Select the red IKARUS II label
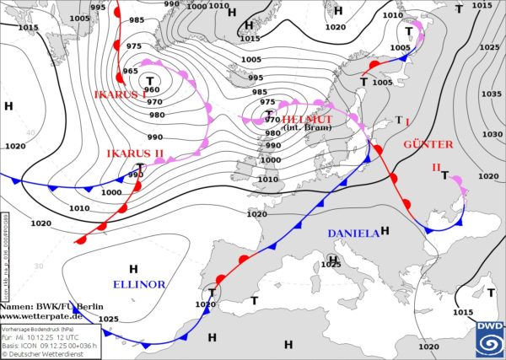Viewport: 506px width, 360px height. coord(135,153)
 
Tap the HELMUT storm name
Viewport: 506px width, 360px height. coord(310,119)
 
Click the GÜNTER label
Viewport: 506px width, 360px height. coord(428,144)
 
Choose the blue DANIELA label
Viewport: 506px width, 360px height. coord(353,232)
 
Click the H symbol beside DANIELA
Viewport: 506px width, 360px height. coord(385,230)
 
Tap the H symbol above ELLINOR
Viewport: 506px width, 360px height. coord(133,269)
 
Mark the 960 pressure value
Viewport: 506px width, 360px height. coord(151,90)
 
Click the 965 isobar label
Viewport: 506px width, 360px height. coord(131,72)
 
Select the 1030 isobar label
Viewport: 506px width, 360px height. coord(489,134)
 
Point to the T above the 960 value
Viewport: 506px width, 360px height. coord(149,80)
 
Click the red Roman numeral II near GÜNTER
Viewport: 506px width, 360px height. coord(437,167)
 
